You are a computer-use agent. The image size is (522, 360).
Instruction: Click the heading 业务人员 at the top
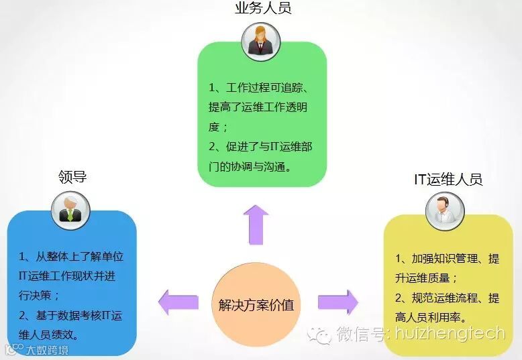click(x=262, y=9)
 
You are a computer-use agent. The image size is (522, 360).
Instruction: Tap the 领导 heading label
click(x=72, y=177)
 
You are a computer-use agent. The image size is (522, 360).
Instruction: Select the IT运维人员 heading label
click(x=448, y=179)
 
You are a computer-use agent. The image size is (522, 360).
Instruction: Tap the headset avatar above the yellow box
click(x=446, y=211)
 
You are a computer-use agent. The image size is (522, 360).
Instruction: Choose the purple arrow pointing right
click(x=337, y=301)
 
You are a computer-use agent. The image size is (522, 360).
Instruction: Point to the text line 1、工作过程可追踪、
click(x=258, y=88)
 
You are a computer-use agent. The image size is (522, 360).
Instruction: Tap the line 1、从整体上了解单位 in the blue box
click(x=71, y=256)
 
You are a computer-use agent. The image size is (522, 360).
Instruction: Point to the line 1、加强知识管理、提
click(x=447, y=259)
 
